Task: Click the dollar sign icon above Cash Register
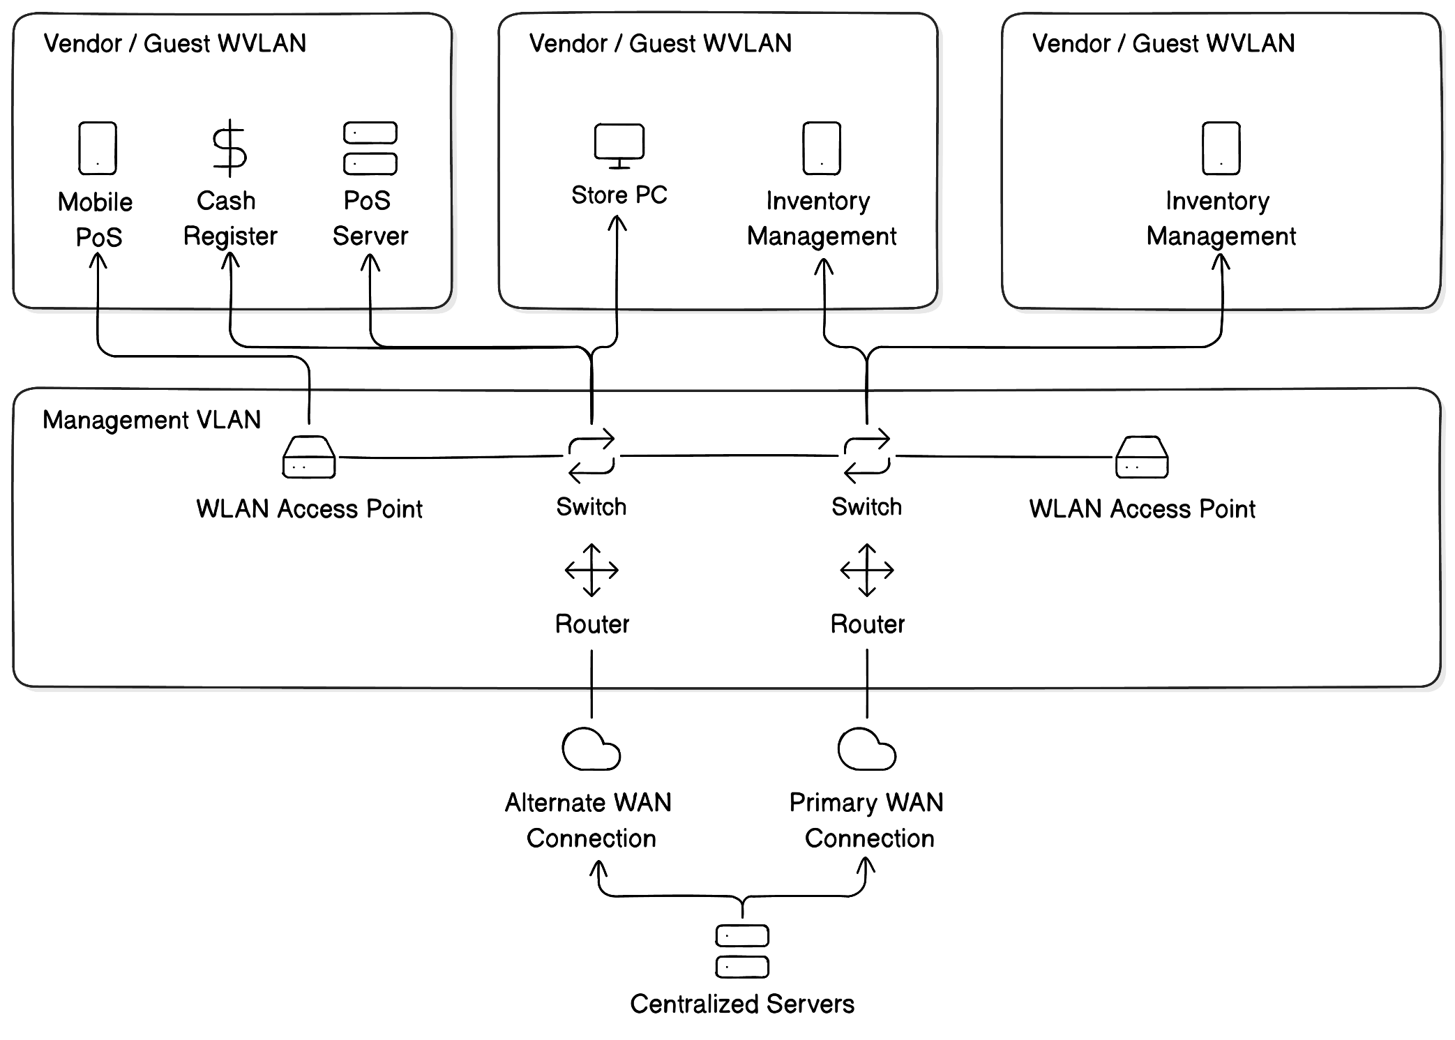tap(229, 148)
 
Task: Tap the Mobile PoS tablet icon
tap(98, 148)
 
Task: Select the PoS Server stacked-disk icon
tap(370, 148)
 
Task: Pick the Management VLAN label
tap(151, 420)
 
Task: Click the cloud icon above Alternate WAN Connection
tap(591, 749)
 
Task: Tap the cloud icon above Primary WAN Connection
tap(866, 749)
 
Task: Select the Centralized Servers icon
tap(742, 951)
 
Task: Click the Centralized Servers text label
tap(742, 1004)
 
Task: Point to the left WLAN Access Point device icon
tap(309, 458)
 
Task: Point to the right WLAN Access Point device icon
tap(1142, 458)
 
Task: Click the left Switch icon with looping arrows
tap(591, 456)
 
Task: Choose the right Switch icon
tap(866, 456)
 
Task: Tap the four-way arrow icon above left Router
tap(591, 570)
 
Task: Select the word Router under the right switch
tap(867, 624)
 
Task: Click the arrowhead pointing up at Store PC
tap(617, 223)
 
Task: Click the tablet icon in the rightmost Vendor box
tap(1221, 148)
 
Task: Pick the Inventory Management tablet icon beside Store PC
tap(822, 148)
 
